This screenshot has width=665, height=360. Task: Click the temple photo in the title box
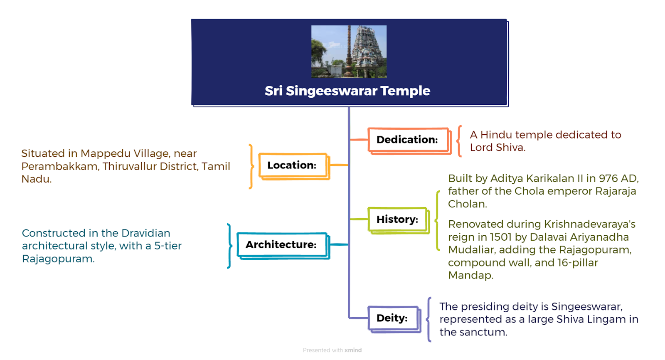(x=349, y=52)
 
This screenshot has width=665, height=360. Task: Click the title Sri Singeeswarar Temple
(x=347, y=91)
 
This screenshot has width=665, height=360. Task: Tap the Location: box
(x=294, y=166)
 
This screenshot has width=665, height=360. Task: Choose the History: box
(x=399, y=220)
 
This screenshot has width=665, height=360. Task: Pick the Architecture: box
(x=283, y=246)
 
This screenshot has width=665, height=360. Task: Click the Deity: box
(x=394, y=319)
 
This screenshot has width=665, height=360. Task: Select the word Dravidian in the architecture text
(x=146, y=233)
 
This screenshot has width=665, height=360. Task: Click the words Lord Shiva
(x=498, y=147)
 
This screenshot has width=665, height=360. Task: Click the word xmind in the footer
(x=353, y=350)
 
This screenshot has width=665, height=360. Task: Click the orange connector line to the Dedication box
(x=359, y=139)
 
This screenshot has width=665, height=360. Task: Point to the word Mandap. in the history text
(x=470, y=276)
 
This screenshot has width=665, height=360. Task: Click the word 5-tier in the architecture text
(x=168, y=246)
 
